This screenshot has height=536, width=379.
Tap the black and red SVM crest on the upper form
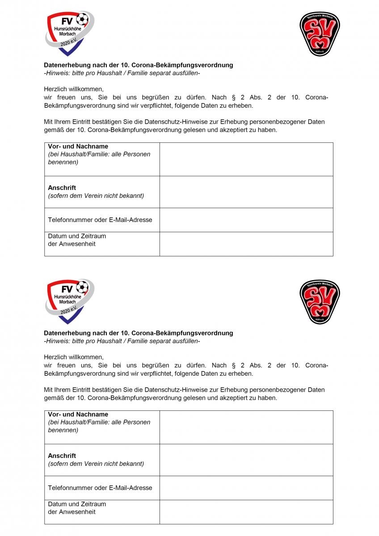click(320, 34)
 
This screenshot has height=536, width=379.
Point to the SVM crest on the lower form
click(320, 302)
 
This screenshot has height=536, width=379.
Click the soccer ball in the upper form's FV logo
click(82, 19)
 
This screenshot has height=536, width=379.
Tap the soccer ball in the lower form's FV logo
click(82, 287)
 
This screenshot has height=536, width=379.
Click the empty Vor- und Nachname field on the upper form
click(246, 159)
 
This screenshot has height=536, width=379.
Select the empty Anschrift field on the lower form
click(246, 460)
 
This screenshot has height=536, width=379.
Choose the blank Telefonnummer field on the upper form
click(246, 220)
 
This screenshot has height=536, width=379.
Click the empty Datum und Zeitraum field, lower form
click(246, 512)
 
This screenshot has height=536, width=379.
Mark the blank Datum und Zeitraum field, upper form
click(246, 244)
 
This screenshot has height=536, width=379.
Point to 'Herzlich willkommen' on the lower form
click(73, 357)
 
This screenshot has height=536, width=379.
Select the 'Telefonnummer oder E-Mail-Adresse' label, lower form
click(100, 488)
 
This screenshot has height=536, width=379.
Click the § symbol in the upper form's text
click(233, 97)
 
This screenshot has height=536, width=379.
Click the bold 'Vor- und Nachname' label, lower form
click(78, 414)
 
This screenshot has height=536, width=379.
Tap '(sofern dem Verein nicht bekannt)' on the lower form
click(96, 464)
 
